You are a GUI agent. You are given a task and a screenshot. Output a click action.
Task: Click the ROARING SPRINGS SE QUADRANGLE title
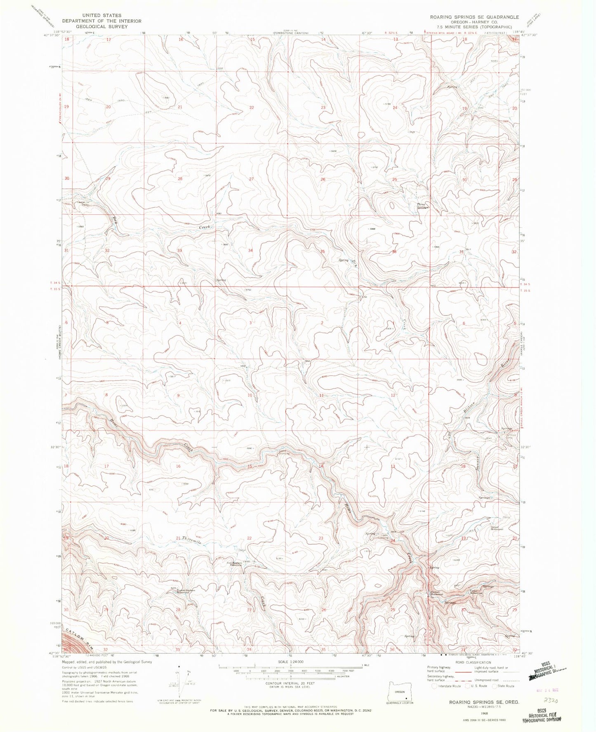[474, 17]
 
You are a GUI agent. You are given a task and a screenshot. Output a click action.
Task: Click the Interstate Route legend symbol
[434, 686]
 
